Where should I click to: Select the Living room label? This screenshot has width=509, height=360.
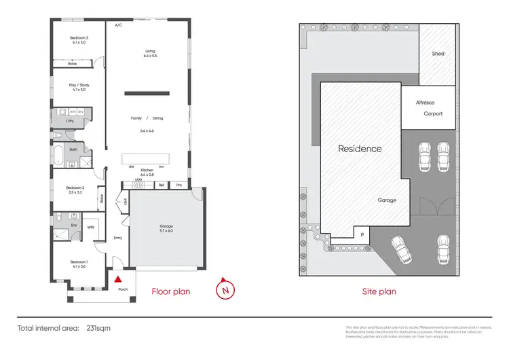pyautogui.click(x=151, y=51)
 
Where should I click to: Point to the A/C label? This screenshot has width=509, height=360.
pyautogui.click(x=118, y=25)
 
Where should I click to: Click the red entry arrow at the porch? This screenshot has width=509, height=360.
pyautogui.click(x=118, y=278)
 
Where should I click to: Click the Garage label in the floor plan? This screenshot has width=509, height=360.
pyautogui.click(x=166, y=228)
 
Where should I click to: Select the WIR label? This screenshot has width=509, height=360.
pyautogui.click(x=90, y=228)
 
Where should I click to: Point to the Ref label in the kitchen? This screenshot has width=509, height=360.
pyautogui.click(x=162, y=185)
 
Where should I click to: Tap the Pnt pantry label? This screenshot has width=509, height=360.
pyautogui.click(x=179, y=185)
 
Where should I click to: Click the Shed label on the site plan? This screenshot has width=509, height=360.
pyautogui.click(x=438, y=54)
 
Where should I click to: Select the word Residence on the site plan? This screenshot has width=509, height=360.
pyautogui.click(x=360, y=148)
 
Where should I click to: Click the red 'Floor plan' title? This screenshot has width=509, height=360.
pyautogui.click(x=171, y=291)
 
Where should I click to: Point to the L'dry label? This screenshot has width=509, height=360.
pyautogui.click(x=69, y=120)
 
